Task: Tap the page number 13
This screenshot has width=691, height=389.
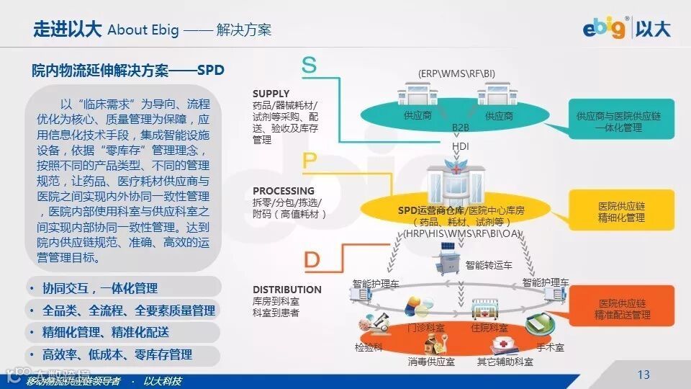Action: pyautogui.click(x=643, y=375)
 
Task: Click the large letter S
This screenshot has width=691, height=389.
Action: pyautogui.click(x=309, y=66)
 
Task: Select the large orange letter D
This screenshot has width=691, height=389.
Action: pyautogui.click(x=312, y=259)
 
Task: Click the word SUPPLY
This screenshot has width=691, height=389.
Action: pyautogui.click(x=271, y=94)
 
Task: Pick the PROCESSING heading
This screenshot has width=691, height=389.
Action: pyautogui.click(x=284, y=191)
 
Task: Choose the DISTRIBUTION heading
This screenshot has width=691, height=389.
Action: pyautogui.click(x=286, y=290)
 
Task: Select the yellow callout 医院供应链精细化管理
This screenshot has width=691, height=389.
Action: pyautogui.click(x=621, y=212)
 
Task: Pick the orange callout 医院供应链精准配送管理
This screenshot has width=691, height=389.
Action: pyautogui.click(x=622, y=309)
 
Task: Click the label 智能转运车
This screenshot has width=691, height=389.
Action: pyautogui.click(x=489, y=265)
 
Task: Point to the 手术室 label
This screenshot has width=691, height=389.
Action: pyautogui.click(x=550, y=347)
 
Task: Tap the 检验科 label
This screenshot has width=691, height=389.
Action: pyautogui.click(x=368, y=347)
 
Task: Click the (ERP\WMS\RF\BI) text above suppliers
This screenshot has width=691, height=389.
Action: pyautogui.click(x=457, y=73)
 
